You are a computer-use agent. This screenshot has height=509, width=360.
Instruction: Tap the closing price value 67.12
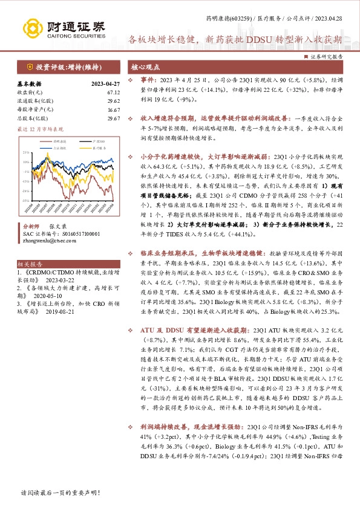(114, 92)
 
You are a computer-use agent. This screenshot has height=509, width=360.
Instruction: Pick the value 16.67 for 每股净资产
(114, 111)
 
